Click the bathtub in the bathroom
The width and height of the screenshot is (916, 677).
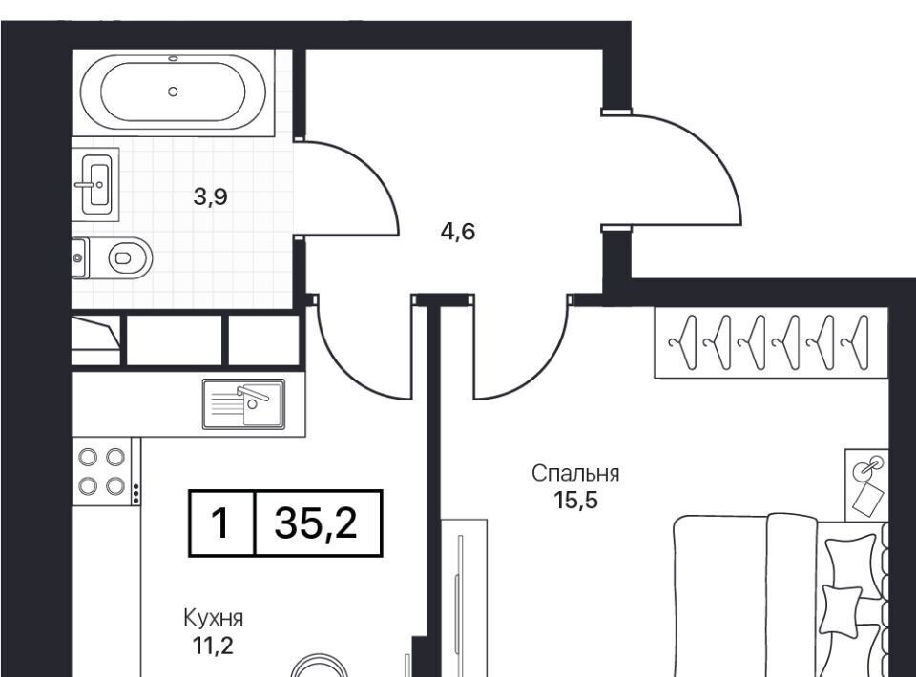click(173, 92)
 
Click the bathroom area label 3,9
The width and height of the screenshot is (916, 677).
click(210, 197)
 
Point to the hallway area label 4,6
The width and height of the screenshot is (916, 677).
click(458, 232)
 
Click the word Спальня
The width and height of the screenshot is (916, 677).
click(575, 473)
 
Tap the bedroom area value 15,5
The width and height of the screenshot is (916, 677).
click(576, 501)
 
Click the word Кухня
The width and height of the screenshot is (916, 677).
click(213, 618)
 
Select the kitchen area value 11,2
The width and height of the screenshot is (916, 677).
click(213, 645)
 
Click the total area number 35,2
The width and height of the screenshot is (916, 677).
click(316, 523)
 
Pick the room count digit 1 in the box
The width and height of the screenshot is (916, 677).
click(220, 523)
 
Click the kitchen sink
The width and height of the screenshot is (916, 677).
click(243, 403)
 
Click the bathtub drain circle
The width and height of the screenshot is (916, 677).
click(173, 92)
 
